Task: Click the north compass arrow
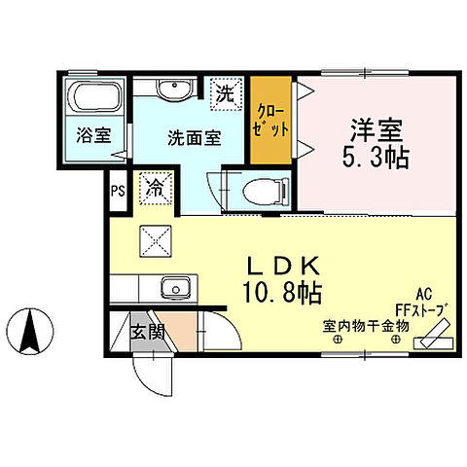(30, 331)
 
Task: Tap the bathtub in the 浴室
(90, 98)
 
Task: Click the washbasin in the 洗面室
(173, 90)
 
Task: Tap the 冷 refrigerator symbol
(155, 186)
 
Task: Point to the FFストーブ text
(421, 310)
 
